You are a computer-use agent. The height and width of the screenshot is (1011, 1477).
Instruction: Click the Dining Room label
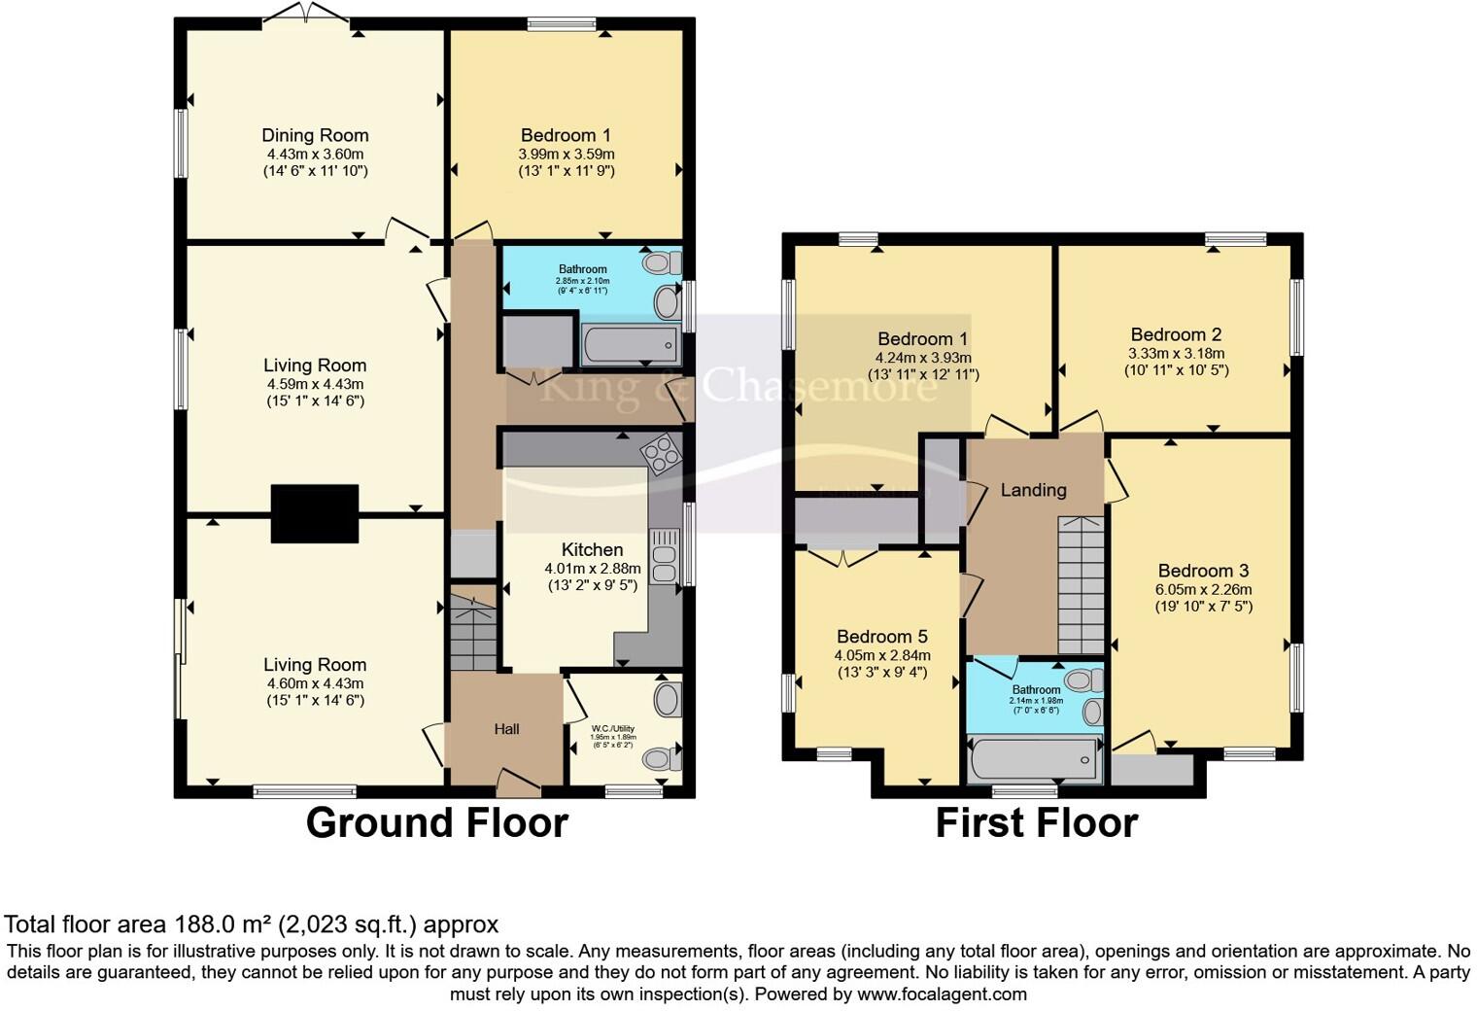pos(315,135)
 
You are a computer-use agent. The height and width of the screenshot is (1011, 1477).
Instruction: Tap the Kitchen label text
pos(592,549)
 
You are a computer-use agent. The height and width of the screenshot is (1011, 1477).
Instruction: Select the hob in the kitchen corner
pos(661,451)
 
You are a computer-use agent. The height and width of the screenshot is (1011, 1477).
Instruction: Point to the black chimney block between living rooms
pos(315,513)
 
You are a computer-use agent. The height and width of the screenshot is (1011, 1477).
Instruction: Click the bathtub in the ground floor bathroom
pos(631,345)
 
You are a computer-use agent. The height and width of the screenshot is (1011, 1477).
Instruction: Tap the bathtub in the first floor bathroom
pos(1034,758)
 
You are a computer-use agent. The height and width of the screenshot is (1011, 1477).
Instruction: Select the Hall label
pos(506,729)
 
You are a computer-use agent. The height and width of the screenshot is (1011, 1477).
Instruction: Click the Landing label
pos(1033,490)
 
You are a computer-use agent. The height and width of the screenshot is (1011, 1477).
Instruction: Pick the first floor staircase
pos(1081,585)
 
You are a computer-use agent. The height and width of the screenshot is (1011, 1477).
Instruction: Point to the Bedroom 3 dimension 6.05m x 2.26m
pos(1203,589)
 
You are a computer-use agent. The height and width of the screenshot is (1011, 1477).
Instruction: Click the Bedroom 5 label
pos(881,637)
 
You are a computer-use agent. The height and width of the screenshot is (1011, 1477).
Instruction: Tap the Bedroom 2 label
pos(1176,334)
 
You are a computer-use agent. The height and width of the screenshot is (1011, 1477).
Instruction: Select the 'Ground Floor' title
pos(436,822)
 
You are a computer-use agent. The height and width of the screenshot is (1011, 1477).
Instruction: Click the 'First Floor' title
pos(1036,822)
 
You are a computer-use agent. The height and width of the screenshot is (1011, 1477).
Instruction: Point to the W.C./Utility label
pos(613,727)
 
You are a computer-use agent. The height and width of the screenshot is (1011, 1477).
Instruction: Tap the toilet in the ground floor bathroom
pos(663,261)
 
